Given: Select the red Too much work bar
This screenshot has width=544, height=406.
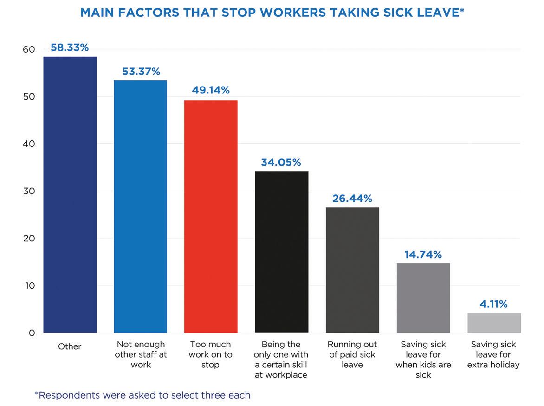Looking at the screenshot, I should point(211,216).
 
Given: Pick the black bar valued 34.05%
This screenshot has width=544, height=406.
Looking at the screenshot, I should point(281,252).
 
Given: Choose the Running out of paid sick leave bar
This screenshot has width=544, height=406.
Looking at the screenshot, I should point(352,270).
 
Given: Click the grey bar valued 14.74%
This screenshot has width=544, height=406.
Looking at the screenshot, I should point(423,298).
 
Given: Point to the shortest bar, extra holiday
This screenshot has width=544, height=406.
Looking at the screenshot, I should point(494,323).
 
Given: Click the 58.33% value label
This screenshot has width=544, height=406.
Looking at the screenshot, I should point(70,47).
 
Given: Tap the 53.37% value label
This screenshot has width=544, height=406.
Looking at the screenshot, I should point(141,72).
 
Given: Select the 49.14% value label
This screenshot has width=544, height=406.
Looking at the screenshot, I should point(211,90).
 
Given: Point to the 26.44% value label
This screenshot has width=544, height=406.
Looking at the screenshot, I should point(352,199).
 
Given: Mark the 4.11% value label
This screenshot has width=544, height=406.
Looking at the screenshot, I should point(494,305).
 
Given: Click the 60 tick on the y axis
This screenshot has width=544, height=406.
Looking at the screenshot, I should point(29,50).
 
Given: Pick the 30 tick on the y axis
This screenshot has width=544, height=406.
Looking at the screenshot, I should point(29,191).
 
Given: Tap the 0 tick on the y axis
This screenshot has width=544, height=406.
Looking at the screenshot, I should point(32,333).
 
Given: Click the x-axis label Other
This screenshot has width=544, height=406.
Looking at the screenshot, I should point(70,346).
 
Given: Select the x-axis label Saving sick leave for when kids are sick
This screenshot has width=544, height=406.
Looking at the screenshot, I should point(423,359).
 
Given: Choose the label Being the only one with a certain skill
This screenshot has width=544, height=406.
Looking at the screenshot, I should point(281,359).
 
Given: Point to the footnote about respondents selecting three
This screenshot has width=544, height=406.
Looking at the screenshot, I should point(143,395).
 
